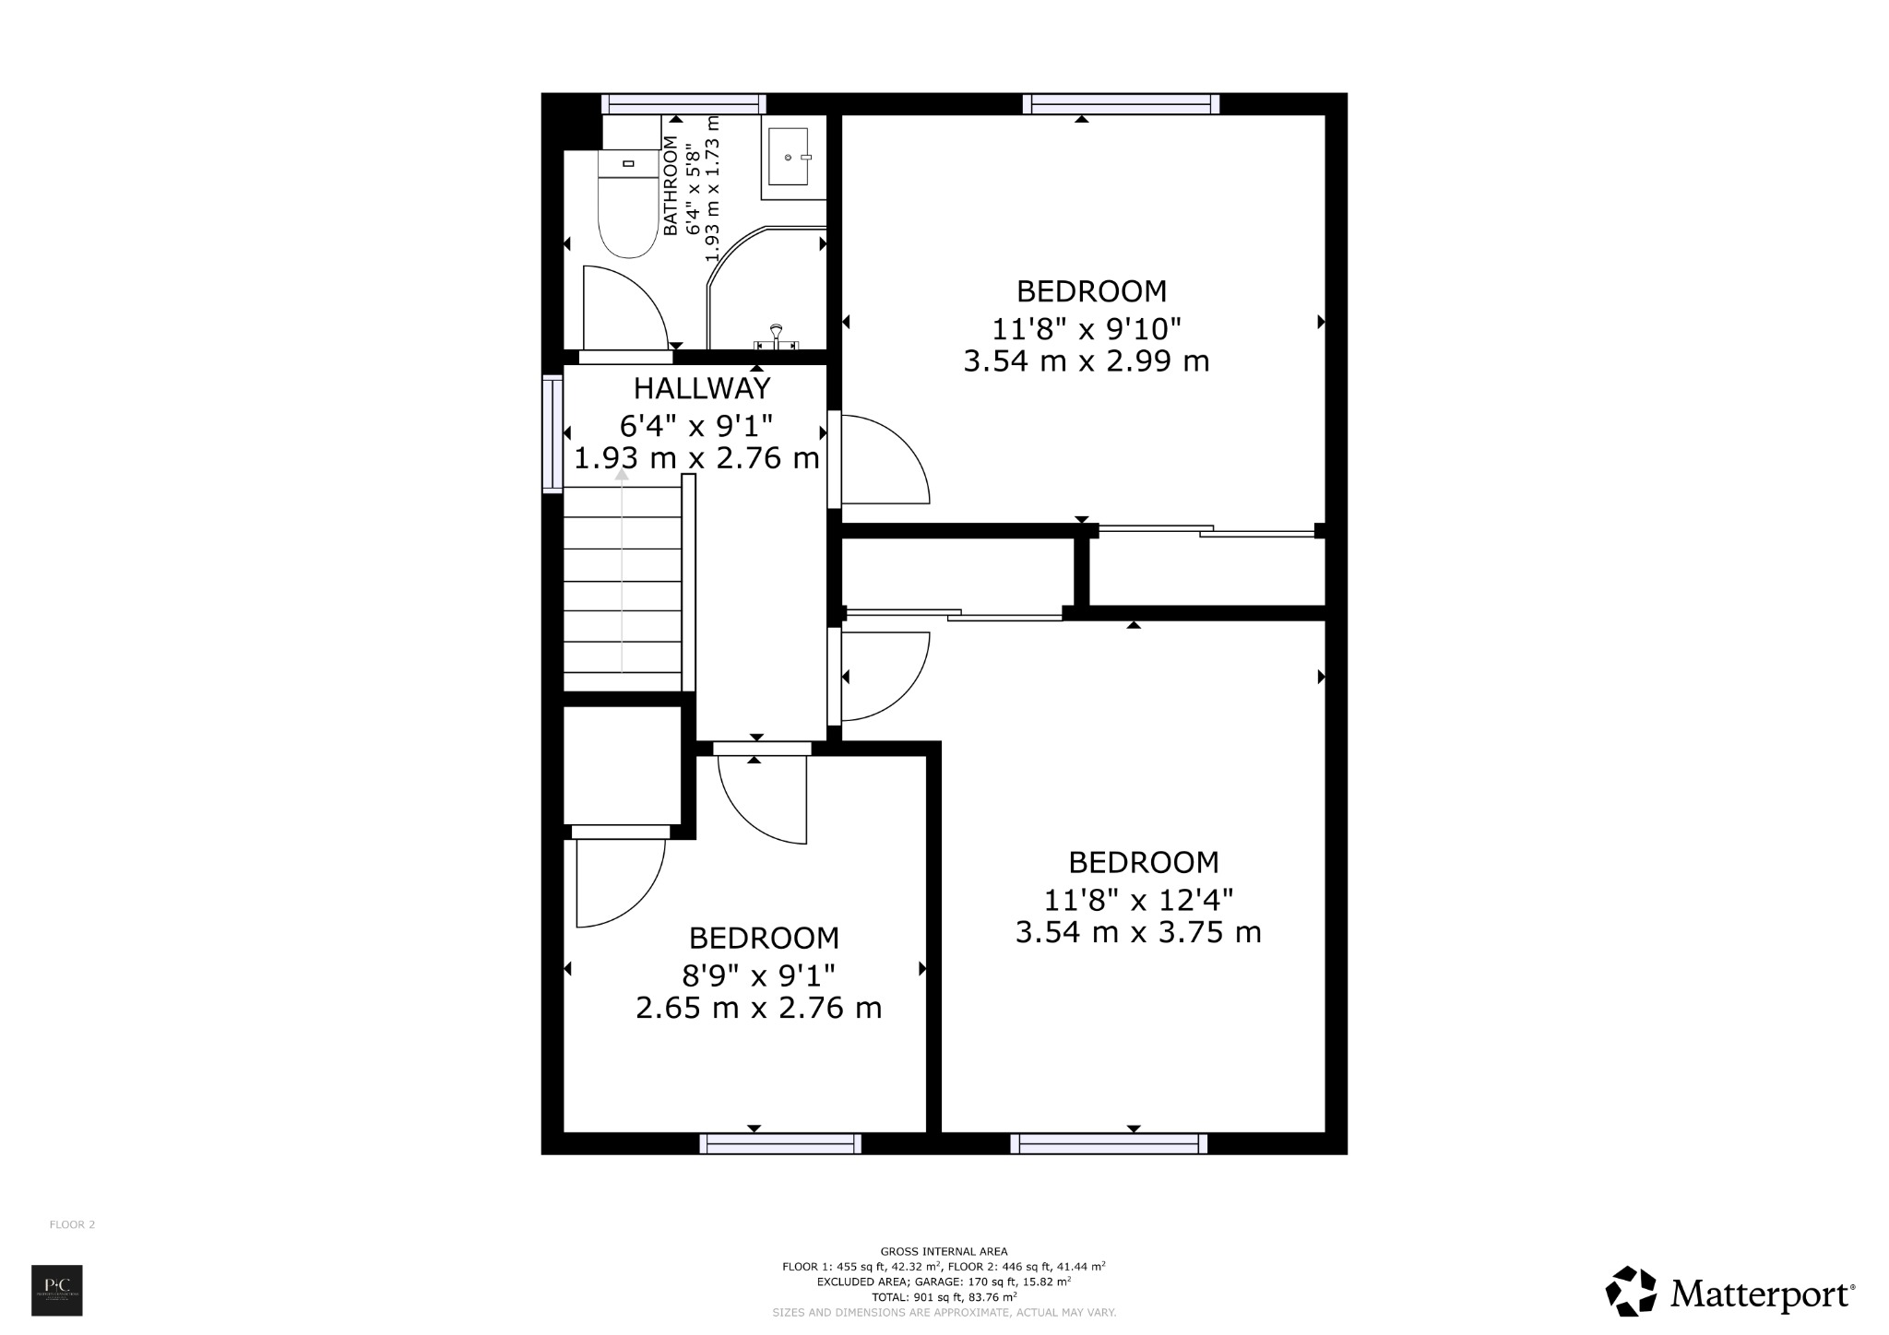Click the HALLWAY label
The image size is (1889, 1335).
tap(701, 388)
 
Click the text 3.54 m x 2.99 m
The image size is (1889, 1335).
tap(1086, 361)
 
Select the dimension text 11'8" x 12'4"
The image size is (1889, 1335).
tap(1137, 898)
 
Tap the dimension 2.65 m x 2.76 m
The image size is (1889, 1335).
tap(758, 1008)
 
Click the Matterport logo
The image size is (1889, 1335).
tap(1729, 1294)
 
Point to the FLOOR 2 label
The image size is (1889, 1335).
tap(72, 1224)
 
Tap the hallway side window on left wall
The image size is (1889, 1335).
tap(552, 433)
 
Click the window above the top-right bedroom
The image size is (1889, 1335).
tap(1121, 103)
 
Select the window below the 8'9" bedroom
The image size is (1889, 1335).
tap(780, 1143)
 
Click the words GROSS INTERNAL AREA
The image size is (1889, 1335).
tap(944, 1251)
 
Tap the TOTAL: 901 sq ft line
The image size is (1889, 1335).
tap(944, 1296)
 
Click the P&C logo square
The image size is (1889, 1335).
tap(57, 1290)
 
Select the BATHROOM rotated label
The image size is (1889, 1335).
tap(671, 185)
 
